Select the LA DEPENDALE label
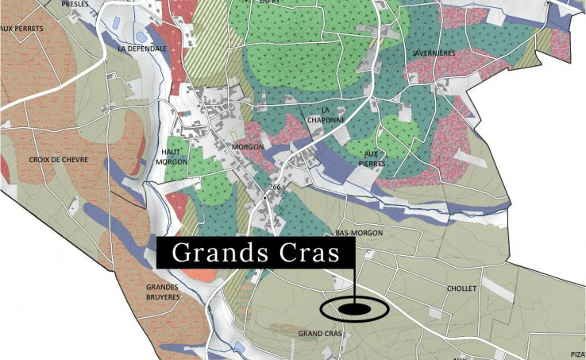141,48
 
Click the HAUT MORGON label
174,157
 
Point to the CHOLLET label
461,288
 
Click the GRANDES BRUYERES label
163,292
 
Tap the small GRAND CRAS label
320,334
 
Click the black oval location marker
353,308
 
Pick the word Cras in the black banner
306,254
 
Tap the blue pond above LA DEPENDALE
141,37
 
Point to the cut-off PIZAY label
577,354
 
